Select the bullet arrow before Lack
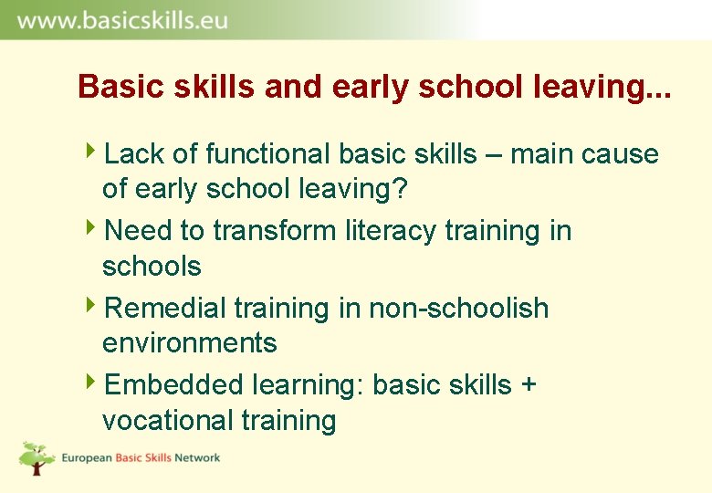pos(96,152)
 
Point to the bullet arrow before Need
pos(96,228)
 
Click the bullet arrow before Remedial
pos(96,306)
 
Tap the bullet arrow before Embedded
pos(96,383)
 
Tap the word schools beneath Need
pos(152,267)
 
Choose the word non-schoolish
pos(459,309)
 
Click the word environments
pos(190,343)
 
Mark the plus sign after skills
pos(528,386)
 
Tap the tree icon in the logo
pos(37,457)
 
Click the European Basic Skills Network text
pos(141,457)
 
